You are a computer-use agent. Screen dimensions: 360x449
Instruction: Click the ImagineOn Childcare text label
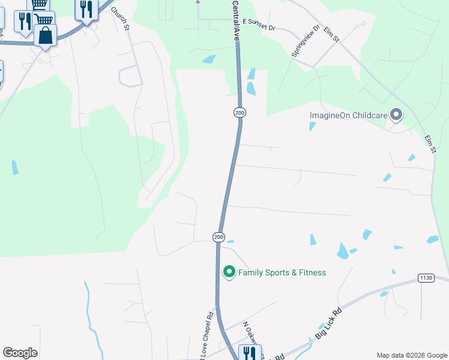tap(348, 115)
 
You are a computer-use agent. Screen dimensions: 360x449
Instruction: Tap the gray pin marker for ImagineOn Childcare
tap(396, 114)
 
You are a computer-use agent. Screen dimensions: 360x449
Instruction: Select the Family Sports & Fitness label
tap(282, 272)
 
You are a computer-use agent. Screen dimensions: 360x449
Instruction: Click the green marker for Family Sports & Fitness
tap(229, 272)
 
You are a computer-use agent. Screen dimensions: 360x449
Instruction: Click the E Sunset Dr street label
tap(259, 28)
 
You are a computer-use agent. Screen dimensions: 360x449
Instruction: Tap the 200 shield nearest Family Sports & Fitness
tap(218, 238)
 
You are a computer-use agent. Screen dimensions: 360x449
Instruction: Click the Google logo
tap(20, 352)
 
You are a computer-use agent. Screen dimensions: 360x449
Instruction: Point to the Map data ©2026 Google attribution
tap(412, 355)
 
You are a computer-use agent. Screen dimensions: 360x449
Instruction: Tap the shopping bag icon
tap(46, 35)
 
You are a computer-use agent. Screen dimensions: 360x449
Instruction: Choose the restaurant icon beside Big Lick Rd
tap(250, 353)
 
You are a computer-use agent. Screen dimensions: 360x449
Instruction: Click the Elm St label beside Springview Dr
tap(331, 34)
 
